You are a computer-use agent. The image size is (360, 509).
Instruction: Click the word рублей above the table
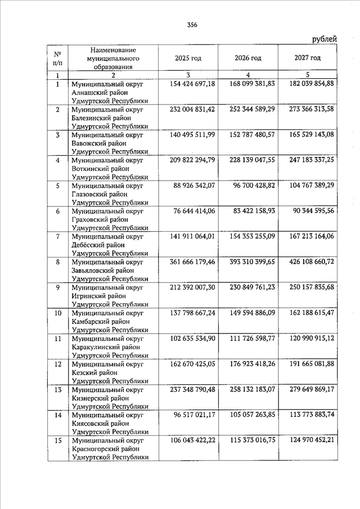coord(324,39)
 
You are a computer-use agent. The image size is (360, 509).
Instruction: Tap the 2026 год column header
coord(248,58)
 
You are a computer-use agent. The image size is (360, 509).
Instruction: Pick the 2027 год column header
coord(307,58)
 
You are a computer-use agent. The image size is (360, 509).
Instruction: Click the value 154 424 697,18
coord(192,84)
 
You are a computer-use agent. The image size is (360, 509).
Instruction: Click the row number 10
coord(57,313)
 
